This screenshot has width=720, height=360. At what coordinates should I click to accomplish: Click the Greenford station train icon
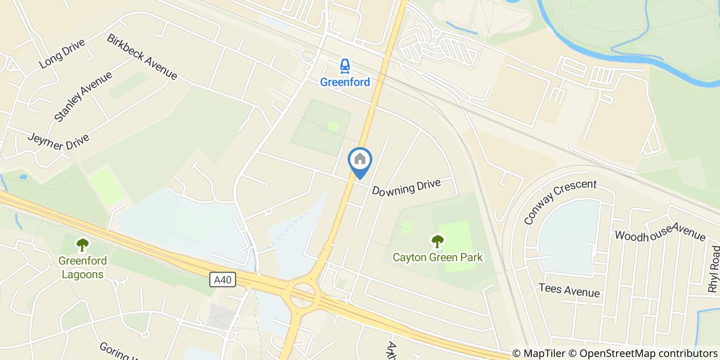point(345,66)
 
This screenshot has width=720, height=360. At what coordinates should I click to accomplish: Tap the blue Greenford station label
point(345,82)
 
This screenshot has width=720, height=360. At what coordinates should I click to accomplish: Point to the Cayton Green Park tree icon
point(438,241)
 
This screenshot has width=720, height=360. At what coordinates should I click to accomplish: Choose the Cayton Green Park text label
point(438,257)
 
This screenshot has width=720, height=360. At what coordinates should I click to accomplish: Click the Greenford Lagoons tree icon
point(82,244)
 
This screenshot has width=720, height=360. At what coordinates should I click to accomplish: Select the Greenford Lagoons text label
point(82,267)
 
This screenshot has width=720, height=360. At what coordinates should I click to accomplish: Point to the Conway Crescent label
point(560,201)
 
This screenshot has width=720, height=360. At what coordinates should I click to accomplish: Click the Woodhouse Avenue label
point(660,229)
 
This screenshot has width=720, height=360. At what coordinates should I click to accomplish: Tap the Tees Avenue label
point(569,290)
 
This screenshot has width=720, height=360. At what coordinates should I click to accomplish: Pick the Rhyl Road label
point(714,270)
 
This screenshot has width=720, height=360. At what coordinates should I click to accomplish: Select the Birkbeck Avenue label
point(142,57)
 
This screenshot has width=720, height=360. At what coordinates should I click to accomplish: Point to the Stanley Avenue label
point(83,97)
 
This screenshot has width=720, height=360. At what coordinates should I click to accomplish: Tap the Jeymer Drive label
point(58,142)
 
